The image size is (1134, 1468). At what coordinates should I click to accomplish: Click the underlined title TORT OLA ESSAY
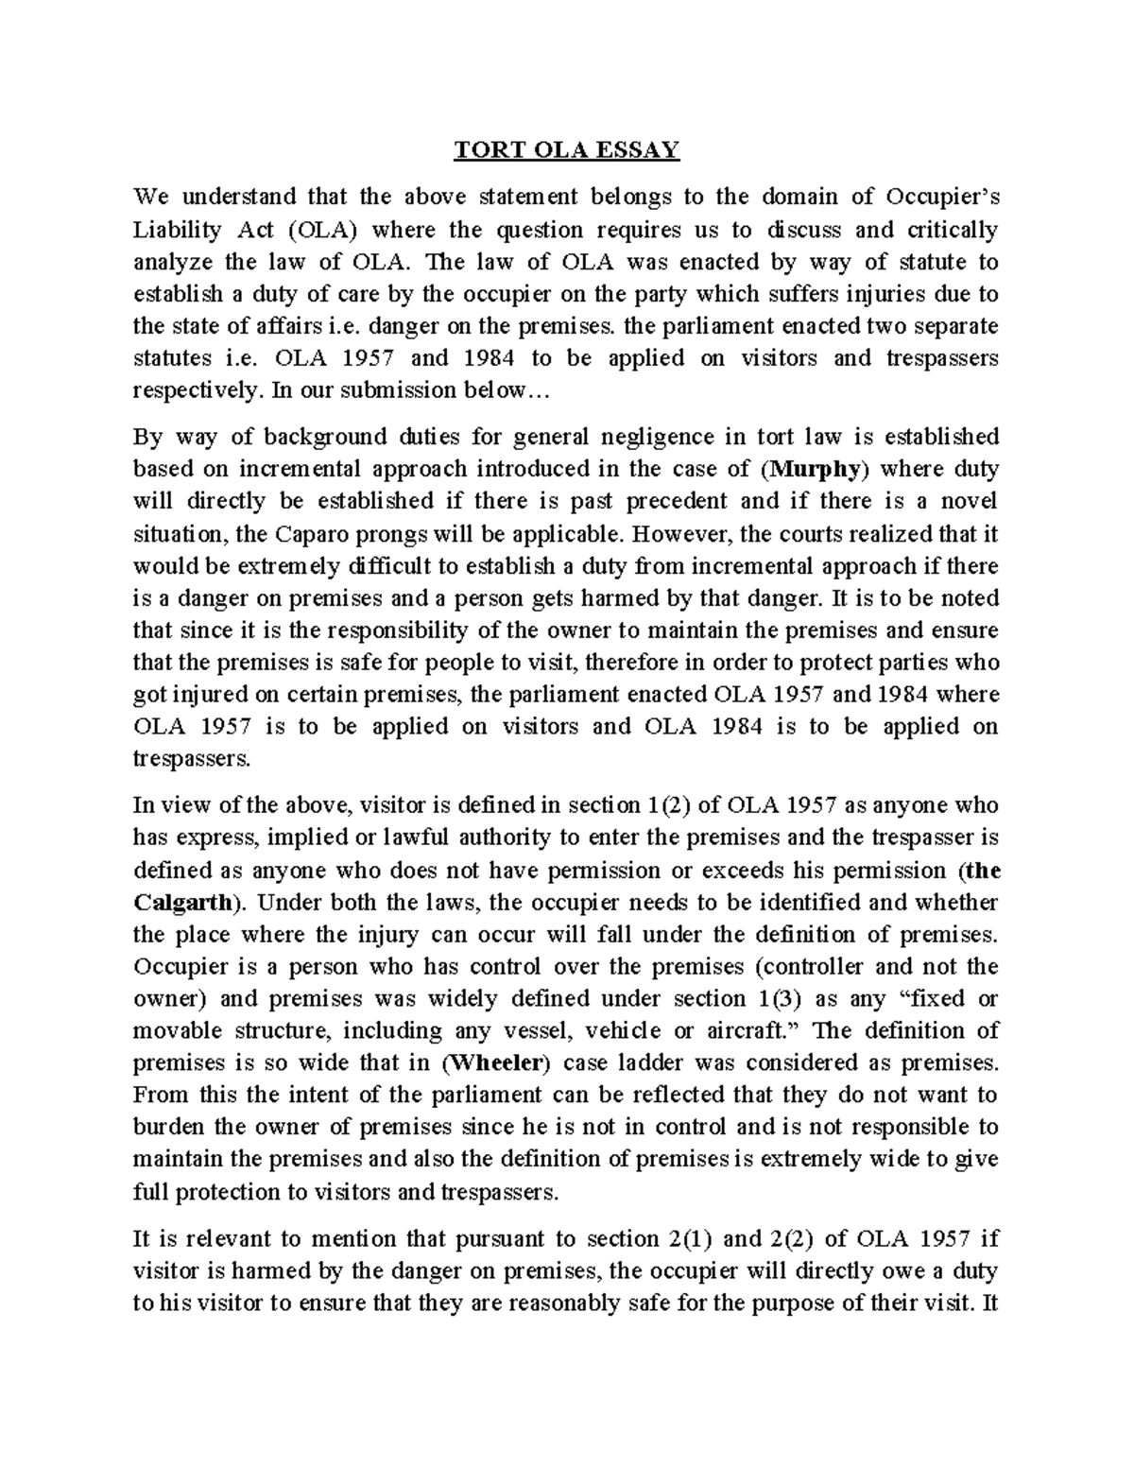[x=567, y=150]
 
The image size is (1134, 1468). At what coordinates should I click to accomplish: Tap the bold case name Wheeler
[x=497, y=1062]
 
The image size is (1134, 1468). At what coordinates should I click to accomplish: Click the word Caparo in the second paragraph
[x=315, y=533]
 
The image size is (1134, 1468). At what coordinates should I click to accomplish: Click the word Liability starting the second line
[x=177, y=230]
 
